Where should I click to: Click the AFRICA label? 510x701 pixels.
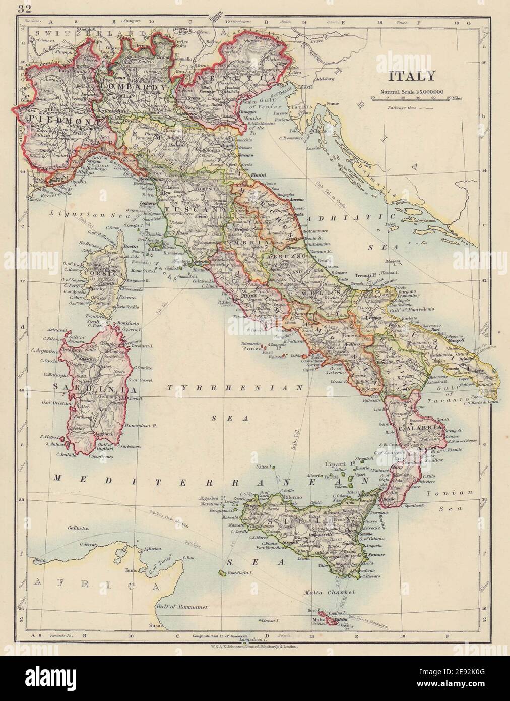pyautogui.click(x=96, y=585)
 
